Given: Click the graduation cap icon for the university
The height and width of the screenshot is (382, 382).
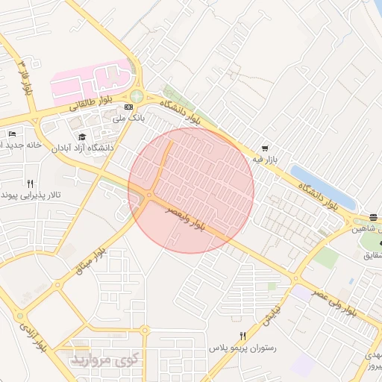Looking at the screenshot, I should pyautogui.click(x=81, y=137).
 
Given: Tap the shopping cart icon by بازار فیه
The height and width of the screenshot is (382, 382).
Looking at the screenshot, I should pyautogui.click(x=265, y=148).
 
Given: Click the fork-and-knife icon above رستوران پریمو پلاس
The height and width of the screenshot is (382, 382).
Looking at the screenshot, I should pyautogui.click(x=242, y=336).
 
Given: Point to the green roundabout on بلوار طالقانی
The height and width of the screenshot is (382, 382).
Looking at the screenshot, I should pyautogui.click(x=137, y=96).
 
